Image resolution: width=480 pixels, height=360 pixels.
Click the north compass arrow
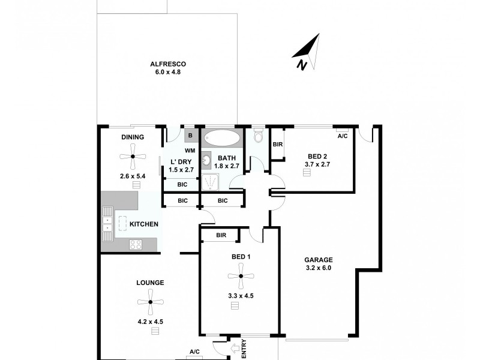click(309, 53)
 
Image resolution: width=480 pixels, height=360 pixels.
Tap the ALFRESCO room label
click(167, 64)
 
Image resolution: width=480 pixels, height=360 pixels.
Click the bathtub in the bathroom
click(221, 138)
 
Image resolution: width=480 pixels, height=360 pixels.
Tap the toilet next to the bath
click(259, 137)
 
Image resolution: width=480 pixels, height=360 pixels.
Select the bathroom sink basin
click(206, 160)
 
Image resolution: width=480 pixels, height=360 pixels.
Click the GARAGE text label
click(317, 260)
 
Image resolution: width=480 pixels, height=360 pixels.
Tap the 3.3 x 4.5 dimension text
click(239, 295)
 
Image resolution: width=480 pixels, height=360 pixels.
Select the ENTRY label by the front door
click(244, 349)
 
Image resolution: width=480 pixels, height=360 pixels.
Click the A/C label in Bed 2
click(343, 136)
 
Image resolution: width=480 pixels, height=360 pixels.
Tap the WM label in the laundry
click(190, 150)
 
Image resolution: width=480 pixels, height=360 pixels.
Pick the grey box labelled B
click(191, 135)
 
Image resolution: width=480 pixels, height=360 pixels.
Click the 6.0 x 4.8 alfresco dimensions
click(167, 72)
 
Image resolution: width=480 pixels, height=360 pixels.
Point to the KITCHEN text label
click(144, 224)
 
